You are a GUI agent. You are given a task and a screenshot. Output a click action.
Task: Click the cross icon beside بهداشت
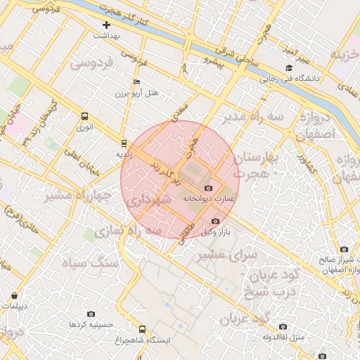tap(106, 25)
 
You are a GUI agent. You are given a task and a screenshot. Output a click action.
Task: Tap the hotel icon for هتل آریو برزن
tap(136, 82)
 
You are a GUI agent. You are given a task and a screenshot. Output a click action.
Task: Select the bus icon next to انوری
tap(85, 117)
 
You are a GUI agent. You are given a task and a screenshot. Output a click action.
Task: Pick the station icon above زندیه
tap(124, 141)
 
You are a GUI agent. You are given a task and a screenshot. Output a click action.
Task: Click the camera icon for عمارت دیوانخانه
tap(208, 188)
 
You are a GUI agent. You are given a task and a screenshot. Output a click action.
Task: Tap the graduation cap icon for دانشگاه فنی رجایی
tap(289, 67)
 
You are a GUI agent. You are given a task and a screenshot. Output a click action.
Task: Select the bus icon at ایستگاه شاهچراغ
tap(143, 329)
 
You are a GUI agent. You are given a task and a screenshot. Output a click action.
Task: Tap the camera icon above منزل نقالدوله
tap(283, 326)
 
